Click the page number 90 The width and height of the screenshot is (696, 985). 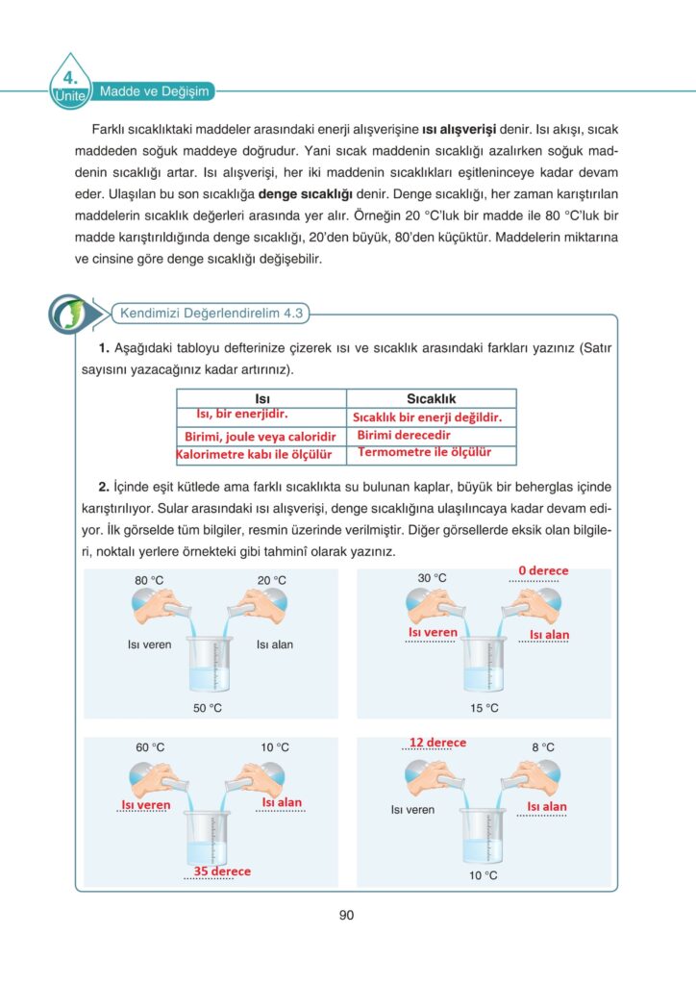pos(347,915)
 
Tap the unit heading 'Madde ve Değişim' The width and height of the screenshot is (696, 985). pos(155,91)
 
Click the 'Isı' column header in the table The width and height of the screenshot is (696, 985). pos(261,398)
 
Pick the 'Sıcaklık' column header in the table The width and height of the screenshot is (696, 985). pos(431,398)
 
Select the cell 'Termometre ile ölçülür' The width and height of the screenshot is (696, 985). pos(424,451)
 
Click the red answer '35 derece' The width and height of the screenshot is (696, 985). pos(222,871)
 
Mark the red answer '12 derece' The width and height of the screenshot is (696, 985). pos(437,743)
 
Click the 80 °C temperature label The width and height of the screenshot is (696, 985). pos(149,580)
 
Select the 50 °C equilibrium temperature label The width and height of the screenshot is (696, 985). pos(207,708)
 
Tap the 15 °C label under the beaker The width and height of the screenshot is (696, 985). pos(485,708)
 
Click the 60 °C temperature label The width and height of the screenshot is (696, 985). pos(149,747)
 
